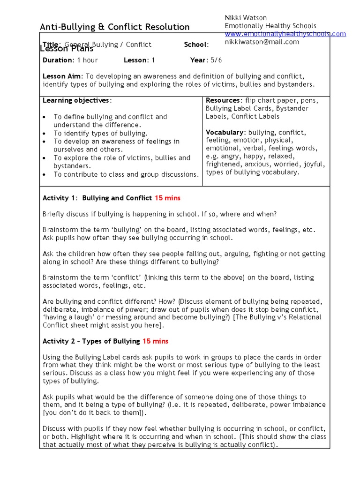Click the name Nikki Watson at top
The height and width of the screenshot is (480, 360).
[246, 18]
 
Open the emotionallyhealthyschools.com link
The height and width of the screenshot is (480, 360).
[285, 34]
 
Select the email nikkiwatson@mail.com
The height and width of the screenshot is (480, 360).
[262, 42]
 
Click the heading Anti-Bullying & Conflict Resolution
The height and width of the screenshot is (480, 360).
[115, 27]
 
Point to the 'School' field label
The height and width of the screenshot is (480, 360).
[195, 45]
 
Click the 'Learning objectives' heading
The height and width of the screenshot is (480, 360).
[77, 100]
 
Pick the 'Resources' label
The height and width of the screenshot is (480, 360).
[223, 100]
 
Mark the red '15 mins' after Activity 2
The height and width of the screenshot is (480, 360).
[155, 341]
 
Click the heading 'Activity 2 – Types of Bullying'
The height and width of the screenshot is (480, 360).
[91, 341]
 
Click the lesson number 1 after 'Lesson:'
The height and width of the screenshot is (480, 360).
[153, 60]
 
